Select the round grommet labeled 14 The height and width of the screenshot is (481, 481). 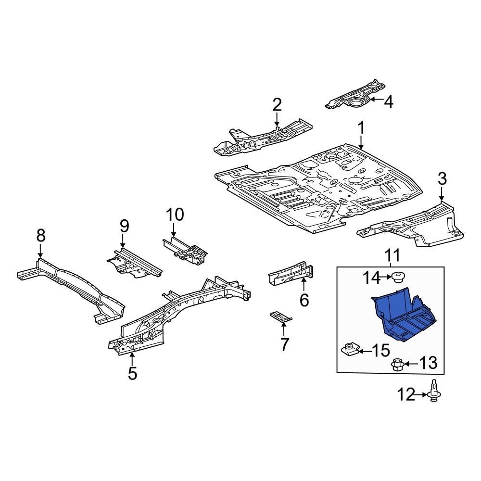397,278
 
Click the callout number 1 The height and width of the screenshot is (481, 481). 360,128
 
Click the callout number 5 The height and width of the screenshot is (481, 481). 132,373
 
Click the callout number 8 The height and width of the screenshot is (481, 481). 41,235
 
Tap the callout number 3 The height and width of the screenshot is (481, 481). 442,179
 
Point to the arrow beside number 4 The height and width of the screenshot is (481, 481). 375,100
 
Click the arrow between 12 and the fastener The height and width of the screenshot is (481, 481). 421,395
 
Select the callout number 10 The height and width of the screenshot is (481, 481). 175,215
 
